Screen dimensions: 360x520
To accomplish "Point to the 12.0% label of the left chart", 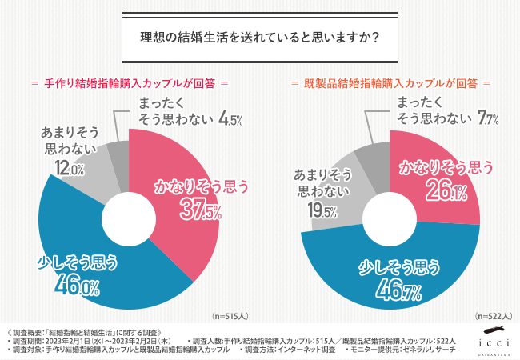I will click(69, 168).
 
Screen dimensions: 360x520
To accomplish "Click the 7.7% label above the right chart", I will click(488, 119).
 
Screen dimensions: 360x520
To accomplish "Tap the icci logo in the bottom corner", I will click(490, 341).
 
